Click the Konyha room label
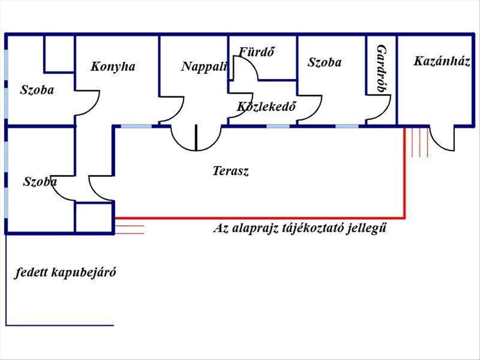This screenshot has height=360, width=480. click(x=112, y=66)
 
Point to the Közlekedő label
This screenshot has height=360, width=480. click(x=266, y=107)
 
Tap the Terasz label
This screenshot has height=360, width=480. click(x=230, y=171)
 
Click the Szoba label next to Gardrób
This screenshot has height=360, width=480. click(x=324, y=62)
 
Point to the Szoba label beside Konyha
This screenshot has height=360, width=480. click(x=37, y=90)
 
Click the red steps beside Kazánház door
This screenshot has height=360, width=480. click(x=416, y=142)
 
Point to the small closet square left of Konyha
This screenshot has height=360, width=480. click(x=59, y=54)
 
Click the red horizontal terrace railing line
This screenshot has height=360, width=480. click(x=260, y=218)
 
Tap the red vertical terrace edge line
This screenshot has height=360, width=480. click(x=405, y=172)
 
